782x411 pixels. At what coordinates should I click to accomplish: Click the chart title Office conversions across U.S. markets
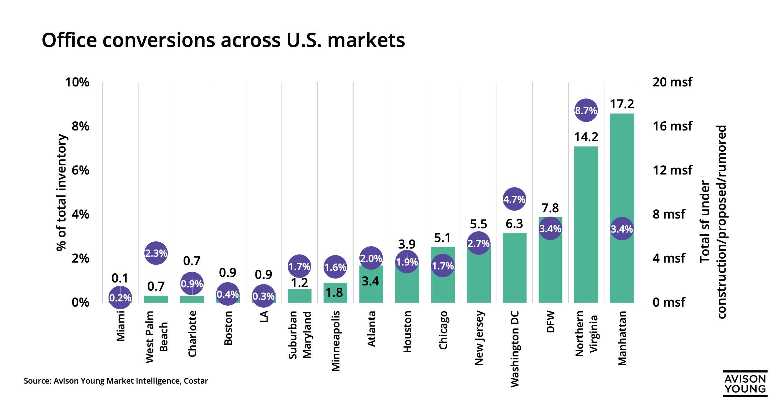pos(223,40)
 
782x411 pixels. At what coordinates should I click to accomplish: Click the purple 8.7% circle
pos(586,111)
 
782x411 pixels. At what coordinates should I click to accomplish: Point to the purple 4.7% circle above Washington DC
pos(514,199)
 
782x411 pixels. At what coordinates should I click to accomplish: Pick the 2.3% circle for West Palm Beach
pos(156,253)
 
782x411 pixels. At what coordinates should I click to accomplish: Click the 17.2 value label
pos(622,104)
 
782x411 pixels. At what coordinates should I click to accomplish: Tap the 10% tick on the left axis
pos(77,82)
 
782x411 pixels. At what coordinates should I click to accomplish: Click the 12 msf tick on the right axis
pos(672,170)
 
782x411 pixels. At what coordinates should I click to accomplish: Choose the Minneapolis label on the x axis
pos(336,341)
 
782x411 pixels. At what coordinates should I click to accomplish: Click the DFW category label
pos(550,322)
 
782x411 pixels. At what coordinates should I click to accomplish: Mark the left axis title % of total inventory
pos(61,192)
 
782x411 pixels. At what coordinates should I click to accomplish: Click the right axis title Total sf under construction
pos(713,222)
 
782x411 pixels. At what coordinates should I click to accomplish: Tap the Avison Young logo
pos(745,384)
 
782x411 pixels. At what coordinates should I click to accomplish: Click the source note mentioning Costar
pos(116,381)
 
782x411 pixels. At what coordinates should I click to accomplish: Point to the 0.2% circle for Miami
pos(120,297)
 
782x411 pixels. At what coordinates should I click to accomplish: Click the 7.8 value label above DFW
pos(550,208)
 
